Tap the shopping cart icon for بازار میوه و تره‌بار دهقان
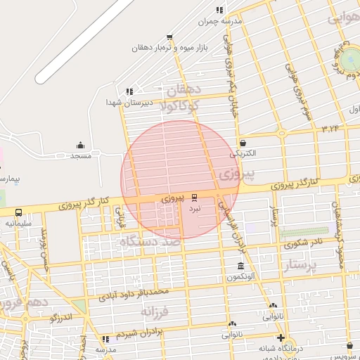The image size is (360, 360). pos(169,36)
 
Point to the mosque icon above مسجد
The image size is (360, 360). pos(80,146)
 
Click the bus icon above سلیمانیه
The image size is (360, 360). pos(18,212)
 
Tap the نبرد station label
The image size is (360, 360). pos(194,209)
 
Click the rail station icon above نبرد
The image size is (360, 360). pos(195,199)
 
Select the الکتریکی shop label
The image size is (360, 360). pos(243,153)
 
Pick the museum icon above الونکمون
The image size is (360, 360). pos(241,267)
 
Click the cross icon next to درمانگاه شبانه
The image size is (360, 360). pos(281,337)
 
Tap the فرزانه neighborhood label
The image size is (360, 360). pos(155,311)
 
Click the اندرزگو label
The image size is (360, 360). pos(62,317)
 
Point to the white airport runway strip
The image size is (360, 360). pos(84,41)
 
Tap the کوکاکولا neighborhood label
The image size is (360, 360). pos(180,105)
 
